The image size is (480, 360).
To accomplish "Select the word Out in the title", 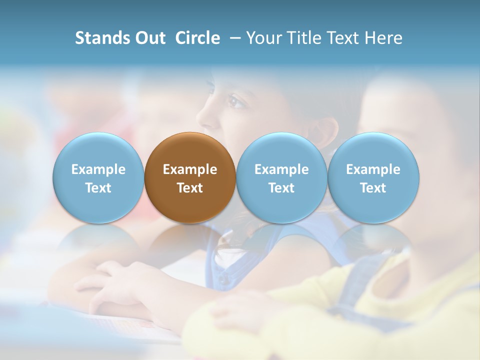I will click(149, 38).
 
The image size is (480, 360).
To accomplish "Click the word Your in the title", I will click(263, 38).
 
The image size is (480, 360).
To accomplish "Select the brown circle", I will click(190, 177).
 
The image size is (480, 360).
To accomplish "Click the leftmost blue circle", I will click(98, 177).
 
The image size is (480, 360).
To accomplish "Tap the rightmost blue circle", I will click(373, 177).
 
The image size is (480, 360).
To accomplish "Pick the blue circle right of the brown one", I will click(281, 177).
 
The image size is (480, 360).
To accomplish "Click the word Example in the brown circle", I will click(190, 169).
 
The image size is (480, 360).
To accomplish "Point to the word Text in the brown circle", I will click(190, 188).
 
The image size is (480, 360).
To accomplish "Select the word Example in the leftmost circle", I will click(98, 169).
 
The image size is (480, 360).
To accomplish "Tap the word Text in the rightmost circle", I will click(373, 188).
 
